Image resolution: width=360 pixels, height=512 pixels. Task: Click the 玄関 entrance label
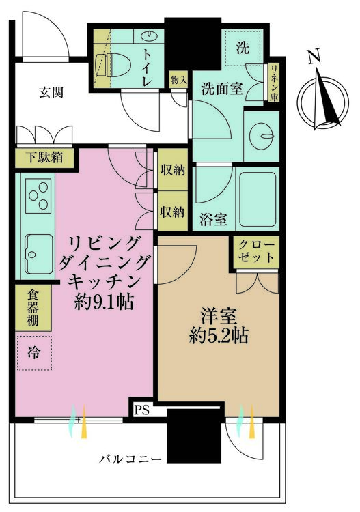51,93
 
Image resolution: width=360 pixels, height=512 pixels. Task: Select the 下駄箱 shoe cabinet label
45,158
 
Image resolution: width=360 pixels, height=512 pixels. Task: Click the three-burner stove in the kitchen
38,195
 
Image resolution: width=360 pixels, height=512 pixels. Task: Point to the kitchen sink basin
39,254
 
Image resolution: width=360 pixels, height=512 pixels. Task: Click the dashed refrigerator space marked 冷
34,353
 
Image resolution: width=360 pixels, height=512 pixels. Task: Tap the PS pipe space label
141,410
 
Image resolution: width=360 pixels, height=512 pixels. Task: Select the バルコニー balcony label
130,459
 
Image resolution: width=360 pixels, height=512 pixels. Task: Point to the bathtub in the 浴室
257,199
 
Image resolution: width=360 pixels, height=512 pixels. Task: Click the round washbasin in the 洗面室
262,136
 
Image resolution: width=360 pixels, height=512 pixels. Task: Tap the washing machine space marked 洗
243,48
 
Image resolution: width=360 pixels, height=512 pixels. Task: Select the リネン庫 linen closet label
274,83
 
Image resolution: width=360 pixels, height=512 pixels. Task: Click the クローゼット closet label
255,251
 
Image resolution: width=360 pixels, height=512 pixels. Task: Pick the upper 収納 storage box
173,169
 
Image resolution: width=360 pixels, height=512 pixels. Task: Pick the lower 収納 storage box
173,212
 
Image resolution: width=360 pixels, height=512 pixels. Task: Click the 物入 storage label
178,81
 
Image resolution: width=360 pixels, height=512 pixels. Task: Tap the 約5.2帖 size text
218,336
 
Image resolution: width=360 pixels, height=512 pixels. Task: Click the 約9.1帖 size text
104,302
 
